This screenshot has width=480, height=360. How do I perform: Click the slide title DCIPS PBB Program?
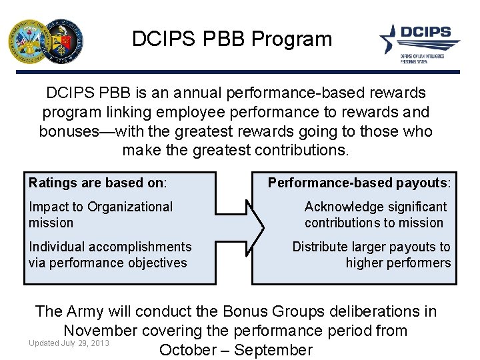click(231, 39)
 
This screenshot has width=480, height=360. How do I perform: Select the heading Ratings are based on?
click(97, 182)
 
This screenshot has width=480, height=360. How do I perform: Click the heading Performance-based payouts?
click(359, 182)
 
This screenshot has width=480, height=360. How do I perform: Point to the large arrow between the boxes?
click(234, 229)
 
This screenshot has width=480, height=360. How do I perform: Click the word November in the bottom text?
click(103, 330)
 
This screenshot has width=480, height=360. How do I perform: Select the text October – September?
click(235, 350)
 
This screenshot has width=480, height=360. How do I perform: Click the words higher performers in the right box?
click(398, 263)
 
